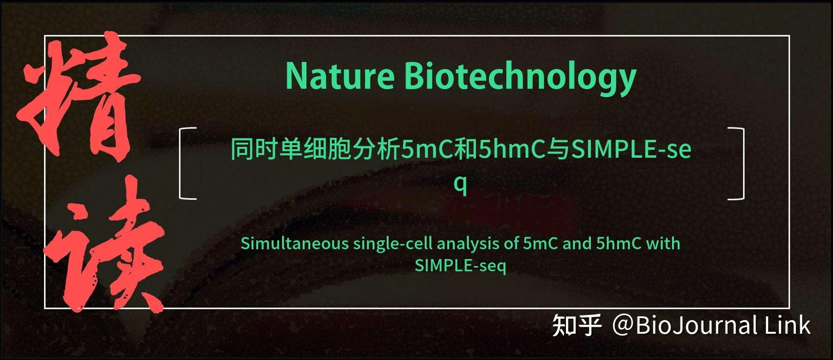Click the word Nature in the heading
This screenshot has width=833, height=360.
pos(340,77)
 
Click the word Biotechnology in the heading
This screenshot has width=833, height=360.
pos(520,77)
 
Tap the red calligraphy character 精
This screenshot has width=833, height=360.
pos(77,96)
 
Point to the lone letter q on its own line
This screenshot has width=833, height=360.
pos(460,184)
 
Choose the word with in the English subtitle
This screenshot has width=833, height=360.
pos(663,244)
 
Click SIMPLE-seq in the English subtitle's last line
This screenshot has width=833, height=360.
pos(460,266)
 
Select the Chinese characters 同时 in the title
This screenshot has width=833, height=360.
pos(254,149)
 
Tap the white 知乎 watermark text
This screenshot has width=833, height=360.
pos(577,326)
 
